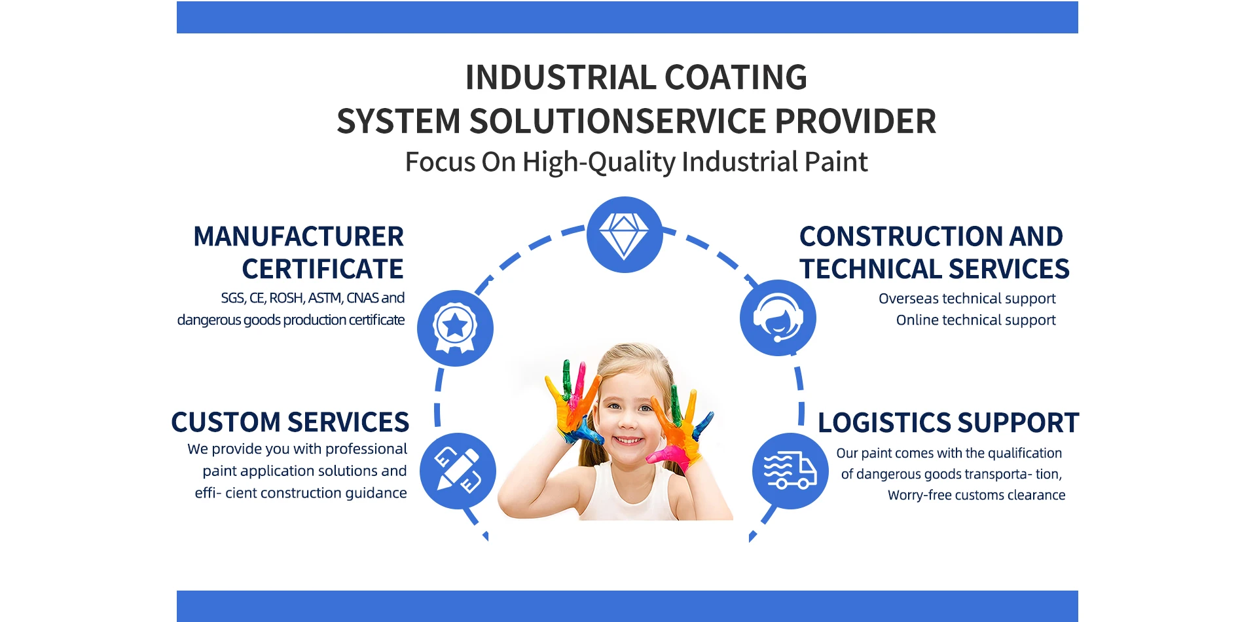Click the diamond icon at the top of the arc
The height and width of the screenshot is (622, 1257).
[625, 234]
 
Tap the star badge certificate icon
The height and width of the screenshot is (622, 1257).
[455, 327]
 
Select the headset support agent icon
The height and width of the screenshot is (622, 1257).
[778, 318]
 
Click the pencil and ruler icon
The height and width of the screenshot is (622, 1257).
[458, 470]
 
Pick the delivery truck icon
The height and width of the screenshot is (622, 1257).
[790, 471]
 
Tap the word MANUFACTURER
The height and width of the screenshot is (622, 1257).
[299, 236]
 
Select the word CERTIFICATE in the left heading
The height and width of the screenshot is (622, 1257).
[322, 269]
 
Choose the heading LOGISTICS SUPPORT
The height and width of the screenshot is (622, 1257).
[948, 423]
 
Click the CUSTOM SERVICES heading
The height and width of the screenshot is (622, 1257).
[290, 422]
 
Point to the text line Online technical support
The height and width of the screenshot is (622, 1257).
[975, 320]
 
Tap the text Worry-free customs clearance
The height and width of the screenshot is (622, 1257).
[976, 495]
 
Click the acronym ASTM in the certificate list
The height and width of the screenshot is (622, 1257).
[325, 298]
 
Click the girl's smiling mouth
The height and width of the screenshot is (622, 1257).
[628, 440]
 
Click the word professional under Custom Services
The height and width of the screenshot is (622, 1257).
[366, 449]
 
